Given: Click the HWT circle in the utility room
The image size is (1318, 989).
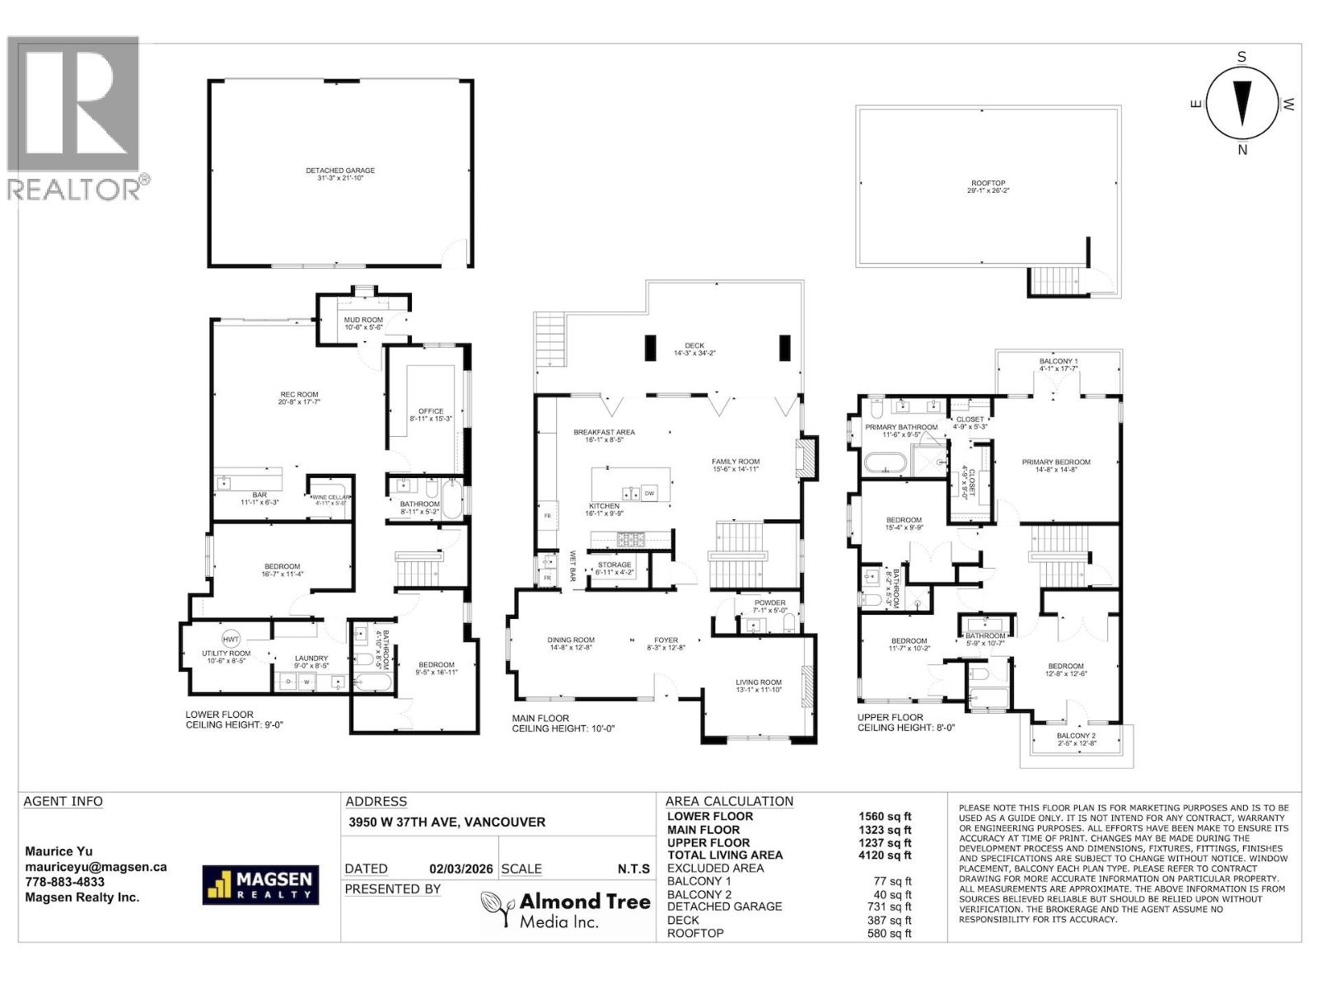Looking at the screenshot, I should (x=231, y=639).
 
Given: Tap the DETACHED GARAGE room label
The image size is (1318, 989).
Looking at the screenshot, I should (x=340, y=171).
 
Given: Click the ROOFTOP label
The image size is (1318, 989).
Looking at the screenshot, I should (x=988, y=184).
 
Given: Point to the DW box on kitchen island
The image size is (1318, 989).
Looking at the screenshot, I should (x=649, y=494).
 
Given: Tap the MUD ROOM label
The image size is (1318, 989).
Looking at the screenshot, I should (x=363, y=320).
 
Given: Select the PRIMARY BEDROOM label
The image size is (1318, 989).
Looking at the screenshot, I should (x=1056, y=462).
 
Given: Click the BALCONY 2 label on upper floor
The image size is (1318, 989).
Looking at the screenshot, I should (x=1076, y=736).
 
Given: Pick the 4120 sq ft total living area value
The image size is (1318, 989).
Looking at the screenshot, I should (x=885, y=855).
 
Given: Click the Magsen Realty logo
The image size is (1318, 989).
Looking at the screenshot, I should (x=260, y=884).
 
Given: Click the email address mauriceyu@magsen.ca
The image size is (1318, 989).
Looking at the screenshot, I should (x=96, y=867).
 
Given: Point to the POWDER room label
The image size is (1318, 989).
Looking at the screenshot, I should (x=770, y=603).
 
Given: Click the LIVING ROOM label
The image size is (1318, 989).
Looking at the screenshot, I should (x=759, y=682).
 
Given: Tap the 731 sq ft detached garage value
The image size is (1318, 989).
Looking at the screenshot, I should (x=890, y=907).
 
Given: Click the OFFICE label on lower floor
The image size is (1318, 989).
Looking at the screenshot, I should (x=430, y=411).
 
